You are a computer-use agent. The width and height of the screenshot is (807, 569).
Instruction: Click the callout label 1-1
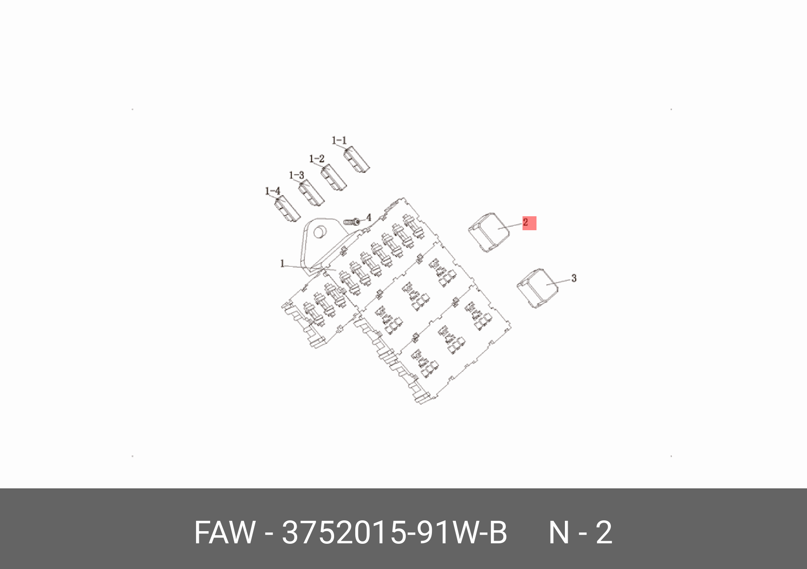pyautogui.click(x=339, y=141)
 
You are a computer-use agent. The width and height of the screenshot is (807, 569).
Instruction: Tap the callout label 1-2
pyautogui.click(x=316, y=159)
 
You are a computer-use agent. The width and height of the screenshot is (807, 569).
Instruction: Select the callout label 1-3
pyautogui.click(x=296, y=175)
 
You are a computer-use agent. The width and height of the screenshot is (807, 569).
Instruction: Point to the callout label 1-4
pyautogui.click(x=272, y=191)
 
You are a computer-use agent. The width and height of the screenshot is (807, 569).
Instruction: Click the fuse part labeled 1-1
pyautogui.click(x=357, y=160)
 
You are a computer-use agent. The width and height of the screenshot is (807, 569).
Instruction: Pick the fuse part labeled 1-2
pyautogui.click(x=334, y=178)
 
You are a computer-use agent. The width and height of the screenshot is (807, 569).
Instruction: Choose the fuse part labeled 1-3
pyautogui.click(x=311, y=194)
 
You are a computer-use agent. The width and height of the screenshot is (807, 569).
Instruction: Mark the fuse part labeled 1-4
pyautogui.click(x=287, y=210)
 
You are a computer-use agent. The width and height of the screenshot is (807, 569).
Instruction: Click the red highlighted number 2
pyautogui.click(x=529, y=223)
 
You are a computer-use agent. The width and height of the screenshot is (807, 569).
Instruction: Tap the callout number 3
pyautogui.click(x=573, y=278)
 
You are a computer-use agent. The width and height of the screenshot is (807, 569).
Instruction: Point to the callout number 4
pyautogui.click(x=369, y=218)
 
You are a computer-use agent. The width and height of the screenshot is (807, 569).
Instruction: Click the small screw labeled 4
pyautogui.click(x=352, y=222)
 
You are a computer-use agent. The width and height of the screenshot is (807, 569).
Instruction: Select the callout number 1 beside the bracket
pyautogui.click(x=283, y=263)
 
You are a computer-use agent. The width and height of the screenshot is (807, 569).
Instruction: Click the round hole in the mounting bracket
pyautogui.click(x=321, y=232)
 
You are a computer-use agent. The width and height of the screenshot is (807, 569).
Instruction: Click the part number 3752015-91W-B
pyautogui.click(x=394, y=533)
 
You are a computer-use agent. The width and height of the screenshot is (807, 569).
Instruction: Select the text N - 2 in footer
pyautogui.click(x=580, y=533)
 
